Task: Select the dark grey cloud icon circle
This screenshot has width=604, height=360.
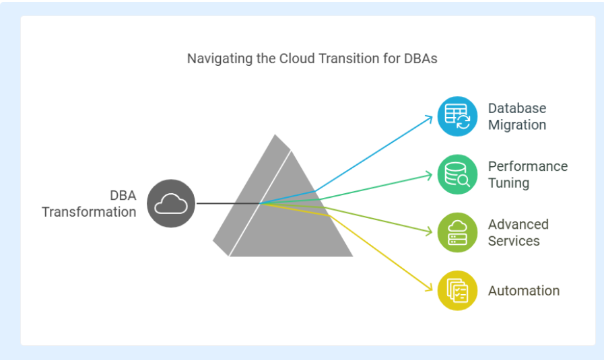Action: pyautogui.click(x=171, y=203)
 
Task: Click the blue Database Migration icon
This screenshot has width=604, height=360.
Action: pyautogui.click(x=458, y=116)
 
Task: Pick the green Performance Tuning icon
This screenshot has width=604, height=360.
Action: pyautogui.click(x=458, y=174)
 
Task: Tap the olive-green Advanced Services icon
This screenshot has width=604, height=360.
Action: pyautogui.click(x=458, y=233)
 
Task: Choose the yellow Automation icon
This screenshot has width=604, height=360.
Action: pyautogui.click(x=458, y=291)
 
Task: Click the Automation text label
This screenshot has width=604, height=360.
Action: pyautogui.click(x=524, y=291)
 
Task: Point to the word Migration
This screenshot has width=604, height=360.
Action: pyautogui.click(x=517, y=124)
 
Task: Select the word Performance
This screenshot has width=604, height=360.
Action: pyautogui.click(x=528, y=166)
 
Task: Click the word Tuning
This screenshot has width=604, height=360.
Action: pyautogui.click(x=508, y=183)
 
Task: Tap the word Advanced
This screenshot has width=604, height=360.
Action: pyautogui.click(x=518, y=224)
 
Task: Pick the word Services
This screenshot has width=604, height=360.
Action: pyautogui.click(x=514, y=241)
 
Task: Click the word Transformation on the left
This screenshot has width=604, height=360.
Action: pyautogui.click(x=89, y=212)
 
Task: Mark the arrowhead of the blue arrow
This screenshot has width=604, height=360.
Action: pyautogui.click(x=429, y=118)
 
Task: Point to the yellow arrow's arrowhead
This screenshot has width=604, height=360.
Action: pyautogui.click(x=428, y=287)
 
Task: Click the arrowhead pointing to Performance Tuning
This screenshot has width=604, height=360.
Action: pyautogui.click(x=428, y=175)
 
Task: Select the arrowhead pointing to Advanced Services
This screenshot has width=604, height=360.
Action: pyautogui.click(x=428, y=231)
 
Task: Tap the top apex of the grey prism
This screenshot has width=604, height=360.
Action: pyautogui.click(x=275, y=135)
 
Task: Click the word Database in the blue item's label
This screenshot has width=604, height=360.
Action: pyautogui.click(x=517, y=108)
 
